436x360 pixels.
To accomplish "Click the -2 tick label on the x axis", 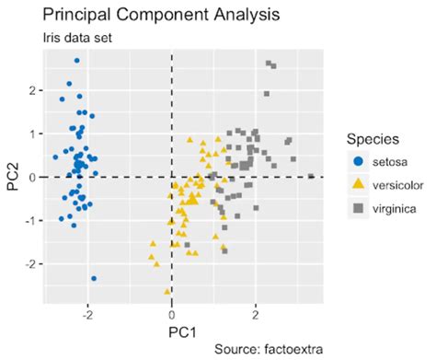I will pyautogui.click(x=86, y=313).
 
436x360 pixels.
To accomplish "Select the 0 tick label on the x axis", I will pyautogui.click(x=172, y=313).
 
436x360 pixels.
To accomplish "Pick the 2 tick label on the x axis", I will pyautogui.click(x=256, y=313).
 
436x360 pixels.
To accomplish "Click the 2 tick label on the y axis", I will pyautogui.click(x=34, y=90).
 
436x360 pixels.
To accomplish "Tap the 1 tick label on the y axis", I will pyautogui.click(x=34, y=134).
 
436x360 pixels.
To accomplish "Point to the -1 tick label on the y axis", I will pyautogui.click(x=32, y=220).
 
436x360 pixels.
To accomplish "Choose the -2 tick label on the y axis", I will pyautogui.click(x=32, y=263).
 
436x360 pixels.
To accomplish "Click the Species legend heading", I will pyautogui.click(x=371, y=140).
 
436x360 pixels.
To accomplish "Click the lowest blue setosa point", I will pyautogui.click(x=94, y=278).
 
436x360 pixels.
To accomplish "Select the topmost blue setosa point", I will pyautogui.click(x=77, y=61).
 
